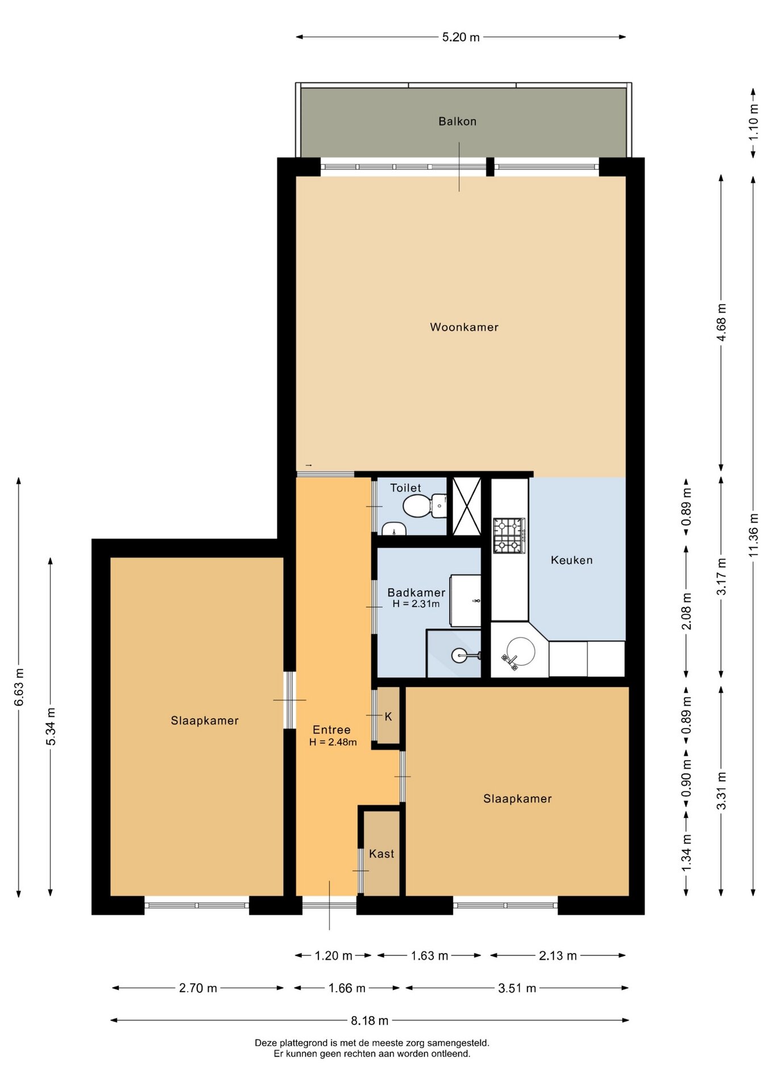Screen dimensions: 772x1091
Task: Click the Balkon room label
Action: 457,121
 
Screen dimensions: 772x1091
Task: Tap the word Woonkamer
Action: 464,327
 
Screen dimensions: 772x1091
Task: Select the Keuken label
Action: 571,560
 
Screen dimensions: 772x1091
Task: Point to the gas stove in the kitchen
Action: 509,535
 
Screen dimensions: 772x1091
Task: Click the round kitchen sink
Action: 520,652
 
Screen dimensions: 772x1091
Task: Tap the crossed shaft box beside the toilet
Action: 466,506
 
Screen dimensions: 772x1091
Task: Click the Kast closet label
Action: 381,853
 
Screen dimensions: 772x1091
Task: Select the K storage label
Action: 388,717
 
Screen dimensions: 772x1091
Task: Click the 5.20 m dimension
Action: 461,37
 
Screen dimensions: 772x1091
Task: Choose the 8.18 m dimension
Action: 370,1020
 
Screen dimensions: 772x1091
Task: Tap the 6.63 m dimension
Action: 19,687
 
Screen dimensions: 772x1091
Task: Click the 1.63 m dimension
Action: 429,955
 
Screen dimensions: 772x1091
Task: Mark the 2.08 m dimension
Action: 686,611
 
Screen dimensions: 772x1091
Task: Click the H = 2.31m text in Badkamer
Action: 416,604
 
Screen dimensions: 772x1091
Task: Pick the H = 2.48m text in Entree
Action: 333,742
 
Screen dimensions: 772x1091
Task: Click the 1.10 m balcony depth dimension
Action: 753,123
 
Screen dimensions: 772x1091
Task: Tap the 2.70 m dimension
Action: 198,988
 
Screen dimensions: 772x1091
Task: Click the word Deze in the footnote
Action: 267,1043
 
